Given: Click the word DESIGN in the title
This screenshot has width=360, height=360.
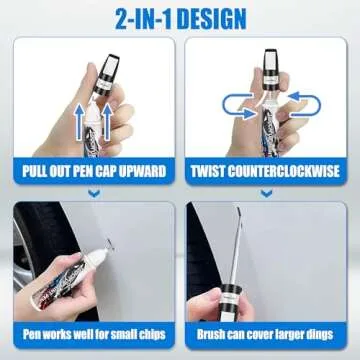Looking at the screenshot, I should pos(215,18).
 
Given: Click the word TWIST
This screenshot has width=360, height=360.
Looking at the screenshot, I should pos(213,172).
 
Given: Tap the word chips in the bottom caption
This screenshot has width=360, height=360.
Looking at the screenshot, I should pos(152,332).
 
